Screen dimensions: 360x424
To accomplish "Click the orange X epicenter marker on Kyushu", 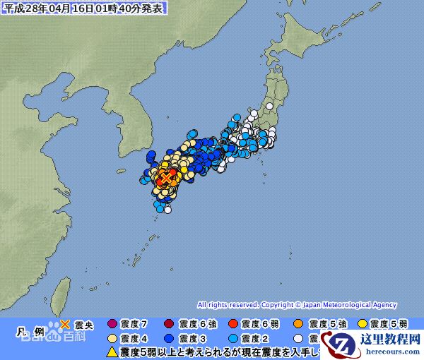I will (x=165, y=179).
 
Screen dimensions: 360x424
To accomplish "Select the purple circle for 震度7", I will (x=111, y=325).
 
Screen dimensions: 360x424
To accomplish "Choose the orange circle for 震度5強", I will (x=298, y=325).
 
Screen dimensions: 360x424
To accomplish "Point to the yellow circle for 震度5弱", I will (x=362, y=325).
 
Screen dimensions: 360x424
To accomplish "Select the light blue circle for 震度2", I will (x=233, y=337).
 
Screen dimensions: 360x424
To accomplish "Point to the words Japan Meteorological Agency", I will (x=349, y=305).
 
